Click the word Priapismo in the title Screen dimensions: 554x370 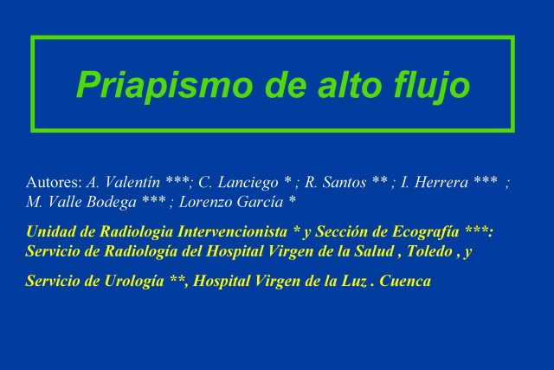(164, 85)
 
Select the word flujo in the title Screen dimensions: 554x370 (432, 85)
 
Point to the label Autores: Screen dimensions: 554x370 (54, 183)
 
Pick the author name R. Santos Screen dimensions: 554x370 (335, 183)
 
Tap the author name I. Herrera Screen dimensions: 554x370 (435, 183)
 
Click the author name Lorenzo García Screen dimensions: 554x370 (231, 203)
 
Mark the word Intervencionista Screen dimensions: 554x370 (232, 231)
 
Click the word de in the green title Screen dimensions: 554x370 (286, 84)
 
